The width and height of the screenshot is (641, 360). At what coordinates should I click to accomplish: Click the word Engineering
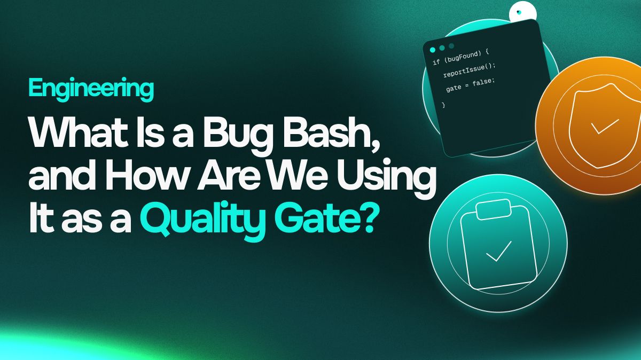click(91, 89)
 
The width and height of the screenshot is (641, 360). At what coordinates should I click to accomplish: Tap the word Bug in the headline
click(238, 135)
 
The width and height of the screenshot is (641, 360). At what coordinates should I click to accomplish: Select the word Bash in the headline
click(329, 132)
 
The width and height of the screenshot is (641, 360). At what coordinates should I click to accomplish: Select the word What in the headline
click(78, 132)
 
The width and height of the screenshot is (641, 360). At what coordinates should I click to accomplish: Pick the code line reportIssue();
click(469, 70)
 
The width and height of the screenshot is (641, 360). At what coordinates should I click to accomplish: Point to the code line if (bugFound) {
click(460, 57)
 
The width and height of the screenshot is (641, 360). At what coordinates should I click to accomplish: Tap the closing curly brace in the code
click(443, 105)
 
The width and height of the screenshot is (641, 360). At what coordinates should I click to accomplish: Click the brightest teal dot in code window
click(433, 50)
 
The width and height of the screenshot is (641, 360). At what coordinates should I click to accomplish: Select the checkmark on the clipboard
click(498, 251)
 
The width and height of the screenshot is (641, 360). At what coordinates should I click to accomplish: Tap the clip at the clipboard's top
click(494, 209)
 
